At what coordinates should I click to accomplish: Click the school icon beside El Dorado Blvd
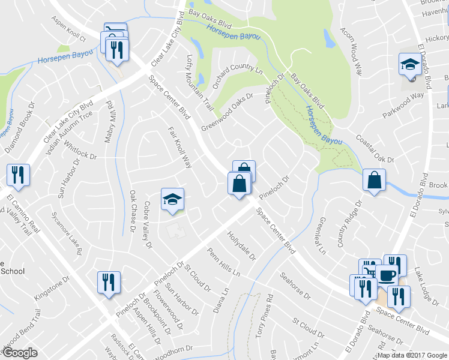point(411,65)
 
